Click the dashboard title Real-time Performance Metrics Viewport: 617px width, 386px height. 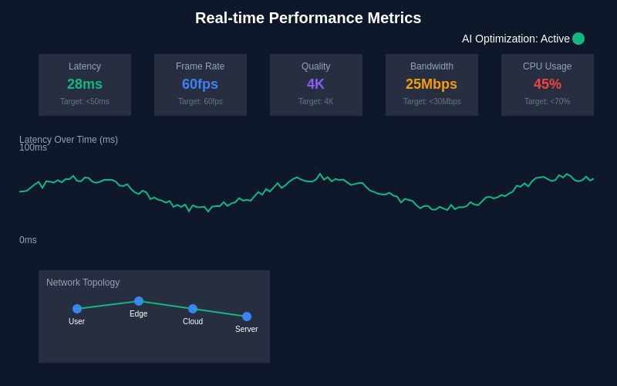tap(308, 18)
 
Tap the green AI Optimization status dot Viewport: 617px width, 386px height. tap(578, 39)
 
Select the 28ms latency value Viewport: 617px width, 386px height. tap(85, 84)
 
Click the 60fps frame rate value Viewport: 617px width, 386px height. tap(200, 84)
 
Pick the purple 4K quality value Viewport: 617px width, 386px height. tap(315, 84)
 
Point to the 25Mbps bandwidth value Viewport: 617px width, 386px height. tap(431, 84)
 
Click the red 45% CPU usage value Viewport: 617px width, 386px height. tap(548, 84)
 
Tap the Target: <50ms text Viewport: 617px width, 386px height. tap(85, 101)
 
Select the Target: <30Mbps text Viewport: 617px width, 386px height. tap(432, 101)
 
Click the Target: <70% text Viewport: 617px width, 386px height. tap(548, 101)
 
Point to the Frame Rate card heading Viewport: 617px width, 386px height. tap(200, 66)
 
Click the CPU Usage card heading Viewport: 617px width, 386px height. tap(548, 66)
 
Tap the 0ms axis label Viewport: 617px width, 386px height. tap(28, 240)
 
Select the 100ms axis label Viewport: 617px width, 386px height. tap(33, 148)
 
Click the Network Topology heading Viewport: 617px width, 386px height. tap(83, 283)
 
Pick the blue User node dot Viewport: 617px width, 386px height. tap(77, 309)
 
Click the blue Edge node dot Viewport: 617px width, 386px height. tap(139, 301)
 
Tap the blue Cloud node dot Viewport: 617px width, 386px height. tap(193, 309)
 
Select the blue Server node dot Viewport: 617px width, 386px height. tap(247, 317)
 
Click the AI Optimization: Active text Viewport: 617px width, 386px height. tap(515, 39)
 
